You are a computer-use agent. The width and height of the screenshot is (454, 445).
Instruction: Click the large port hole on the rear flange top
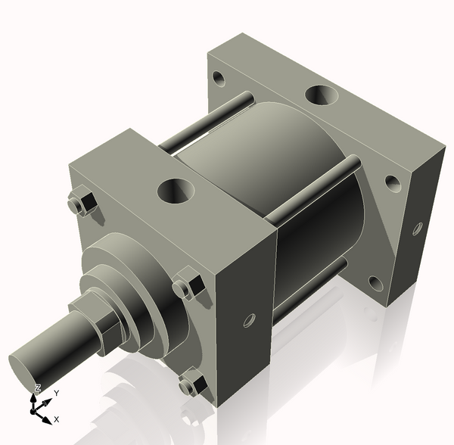click(322, 97)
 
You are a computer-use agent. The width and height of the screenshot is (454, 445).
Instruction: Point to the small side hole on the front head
click(247, 322)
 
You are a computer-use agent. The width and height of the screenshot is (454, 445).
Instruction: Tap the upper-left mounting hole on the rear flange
click(219, 78)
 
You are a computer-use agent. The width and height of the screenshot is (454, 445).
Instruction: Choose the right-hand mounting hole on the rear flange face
click(391, 182)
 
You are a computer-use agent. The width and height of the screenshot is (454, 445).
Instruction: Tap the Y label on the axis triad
click(56, 394)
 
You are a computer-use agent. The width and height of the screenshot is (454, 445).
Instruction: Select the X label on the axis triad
click(57, 419)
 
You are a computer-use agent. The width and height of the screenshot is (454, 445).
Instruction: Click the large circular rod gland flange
click(144, 265)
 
